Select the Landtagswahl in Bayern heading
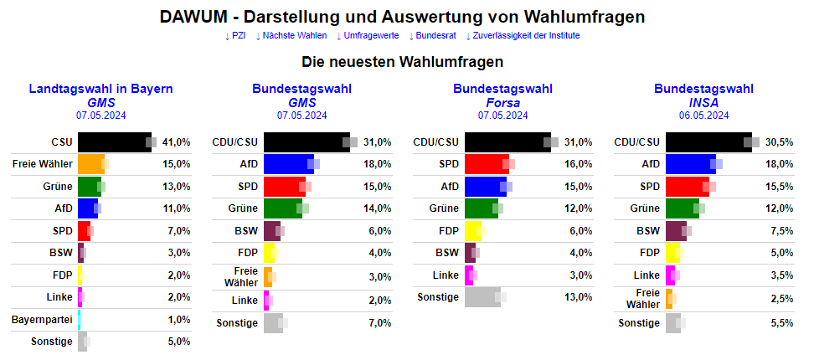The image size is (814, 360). (100, 89)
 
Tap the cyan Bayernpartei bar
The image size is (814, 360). (80, 320)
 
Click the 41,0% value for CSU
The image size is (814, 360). (177, 142)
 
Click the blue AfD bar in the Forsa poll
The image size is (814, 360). (485, 186)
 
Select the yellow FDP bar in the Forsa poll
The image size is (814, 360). (472, 230)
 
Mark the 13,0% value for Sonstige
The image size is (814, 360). (579, 296)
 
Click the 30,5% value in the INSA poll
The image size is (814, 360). (780, 142)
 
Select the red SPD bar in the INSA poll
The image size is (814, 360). (687, 186)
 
